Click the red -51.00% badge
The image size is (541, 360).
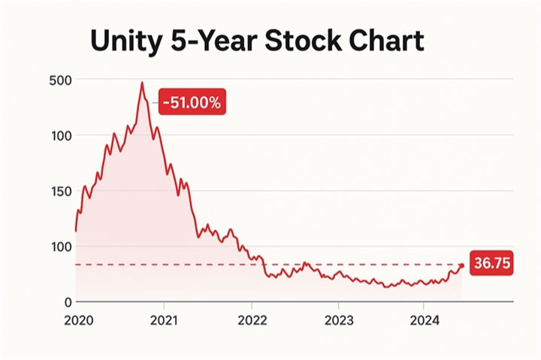192,102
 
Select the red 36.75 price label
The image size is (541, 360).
490,263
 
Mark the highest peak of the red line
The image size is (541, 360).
141,83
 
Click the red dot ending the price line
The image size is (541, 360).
461,265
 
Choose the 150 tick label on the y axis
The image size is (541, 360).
60,191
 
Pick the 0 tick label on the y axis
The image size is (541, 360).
66,302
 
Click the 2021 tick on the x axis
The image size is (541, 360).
164,320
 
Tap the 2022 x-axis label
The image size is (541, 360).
251,320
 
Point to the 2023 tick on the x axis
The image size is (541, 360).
337,320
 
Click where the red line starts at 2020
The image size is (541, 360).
76,230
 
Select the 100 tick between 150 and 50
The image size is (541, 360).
60,247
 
